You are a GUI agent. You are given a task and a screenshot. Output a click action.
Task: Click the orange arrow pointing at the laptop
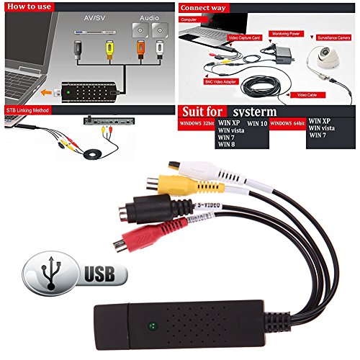pyautogui.click(x=48, y=93)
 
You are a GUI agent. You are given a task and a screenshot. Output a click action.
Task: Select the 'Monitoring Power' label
pyautogui.click(x=287, y=33)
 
